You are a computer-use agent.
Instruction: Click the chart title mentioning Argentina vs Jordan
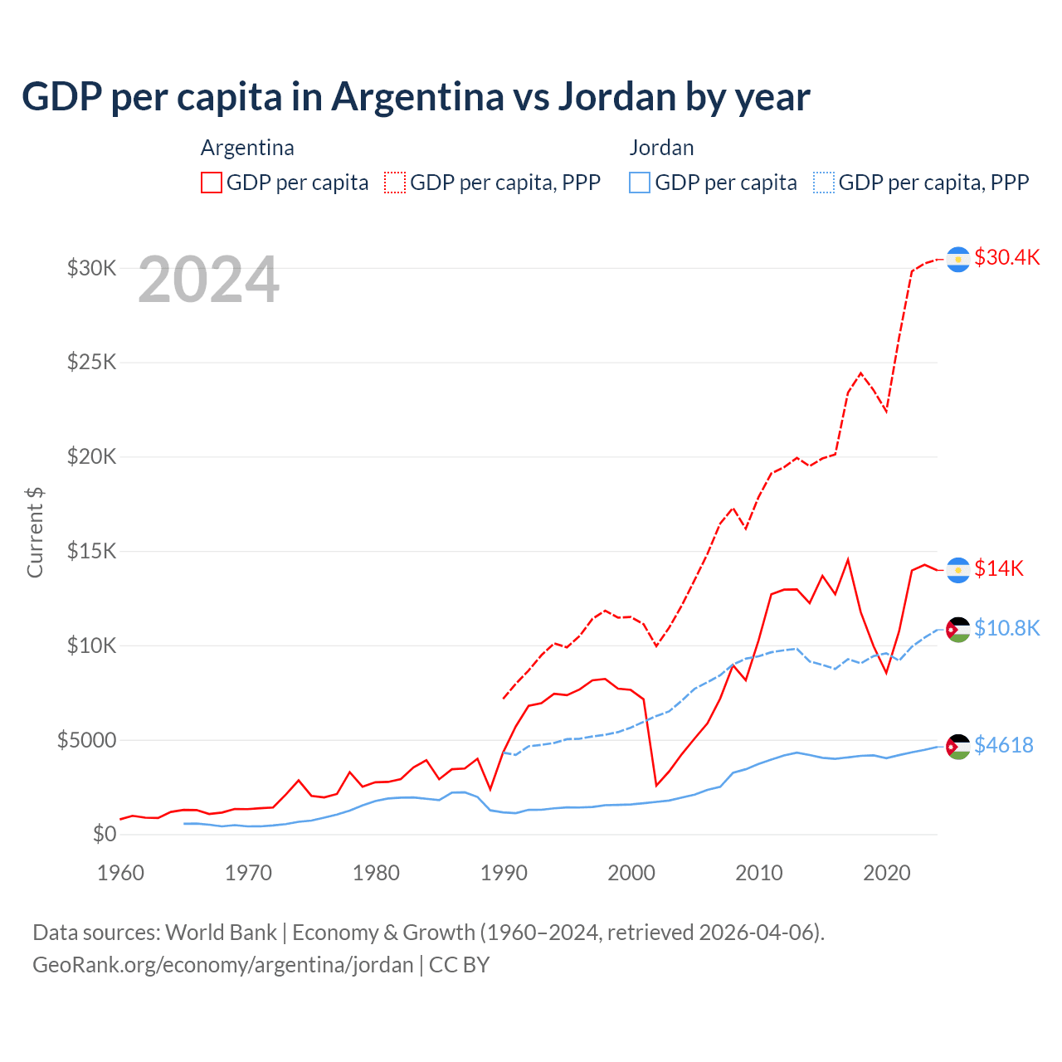coord(416,97)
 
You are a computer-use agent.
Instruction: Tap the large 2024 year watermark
coord(208,280)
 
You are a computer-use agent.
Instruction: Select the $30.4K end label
coord(1006,257)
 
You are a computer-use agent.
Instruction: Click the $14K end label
coord(998,568)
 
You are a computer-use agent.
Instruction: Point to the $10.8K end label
coord(1006,628)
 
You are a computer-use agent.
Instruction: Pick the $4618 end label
coord(1003,745)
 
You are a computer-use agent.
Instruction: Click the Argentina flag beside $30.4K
coord(958,260)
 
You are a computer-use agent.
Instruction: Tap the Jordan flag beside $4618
coord(958,747)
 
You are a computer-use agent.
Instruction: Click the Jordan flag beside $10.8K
coord(958,630)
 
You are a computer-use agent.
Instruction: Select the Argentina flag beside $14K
coord(958,570)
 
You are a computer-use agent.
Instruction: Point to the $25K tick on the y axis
coord(92,363)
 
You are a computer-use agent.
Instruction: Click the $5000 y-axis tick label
coord(86,740)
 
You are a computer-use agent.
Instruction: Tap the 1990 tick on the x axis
coord(504,873)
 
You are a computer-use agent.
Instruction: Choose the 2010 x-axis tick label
coord(759,873)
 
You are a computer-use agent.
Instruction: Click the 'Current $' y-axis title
coord(35,533)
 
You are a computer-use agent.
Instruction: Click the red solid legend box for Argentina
coord(212,183)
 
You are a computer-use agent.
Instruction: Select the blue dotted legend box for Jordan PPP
coord(824,183)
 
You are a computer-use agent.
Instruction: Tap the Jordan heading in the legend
coord(661,148)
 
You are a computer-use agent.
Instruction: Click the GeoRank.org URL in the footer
coord(222,965)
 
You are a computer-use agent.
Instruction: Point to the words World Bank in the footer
coord(221,933)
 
